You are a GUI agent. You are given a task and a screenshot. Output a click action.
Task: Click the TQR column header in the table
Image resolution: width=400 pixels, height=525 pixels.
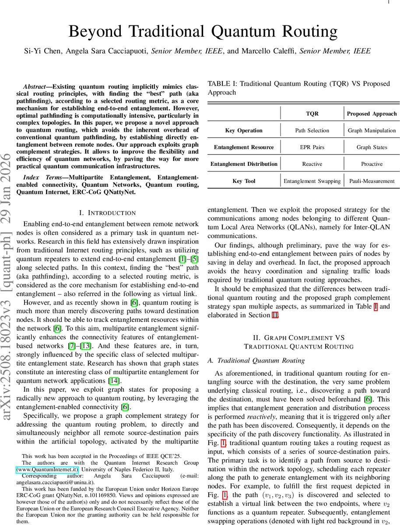click(312, 113)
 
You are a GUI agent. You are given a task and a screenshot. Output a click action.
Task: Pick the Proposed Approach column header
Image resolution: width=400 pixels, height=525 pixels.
click(372, 113)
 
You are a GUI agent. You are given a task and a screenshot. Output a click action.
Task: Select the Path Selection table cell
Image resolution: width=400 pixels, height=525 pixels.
click(312, 130)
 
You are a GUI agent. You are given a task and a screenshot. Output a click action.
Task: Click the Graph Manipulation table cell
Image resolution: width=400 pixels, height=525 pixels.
click(372, 130)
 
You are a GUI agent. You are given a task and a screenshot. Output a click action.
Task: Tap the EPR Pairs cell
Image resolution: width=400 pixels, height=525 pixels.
click(312, 147)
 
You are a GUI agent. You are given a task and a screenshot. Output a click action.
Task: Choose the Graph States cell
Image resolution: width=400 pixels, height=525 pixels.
click(372, 147)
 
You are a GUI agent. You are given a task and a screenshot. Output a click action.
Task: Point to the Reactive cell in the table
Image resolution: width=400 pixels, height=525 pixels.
click(312, 164)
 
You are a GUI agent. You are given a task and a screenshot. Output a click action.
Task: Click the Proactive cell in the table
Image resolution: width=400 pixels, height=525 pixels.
click(372, 164)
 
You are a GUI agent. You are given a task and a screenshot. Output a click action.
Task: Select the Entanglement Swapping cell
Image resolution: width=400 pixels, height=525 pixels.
click(312, 180)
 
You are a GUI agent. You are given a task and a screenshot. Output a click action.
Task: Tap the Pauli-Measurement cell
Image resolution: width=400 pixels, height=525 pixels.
click(372, 180)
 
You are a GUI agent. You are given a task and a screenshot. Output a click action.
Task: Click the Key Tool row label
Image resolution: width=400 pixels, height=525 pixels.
click(244, 180)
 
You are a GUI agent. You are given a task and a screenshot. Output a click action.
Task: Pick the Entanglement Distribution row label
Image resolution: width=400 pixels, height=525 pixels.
click(244, 164)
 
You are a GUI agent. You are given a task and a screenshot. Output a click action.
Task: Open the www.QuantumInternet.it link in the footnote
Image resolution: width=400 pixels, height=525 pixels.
click(47, 469)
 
